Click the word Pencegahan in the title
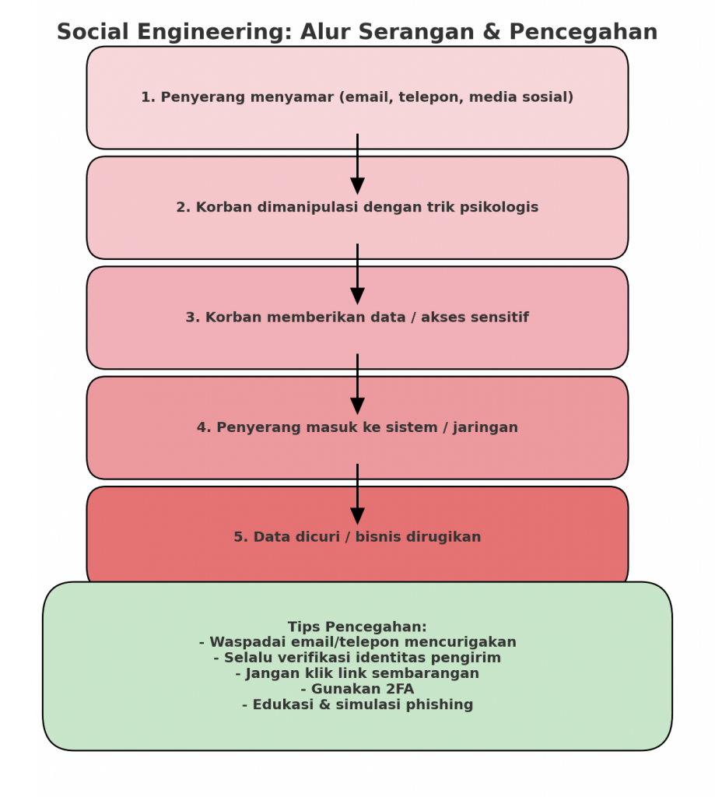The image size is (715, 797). point(584,33)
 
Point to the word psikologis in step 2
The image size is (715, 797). point(499,208)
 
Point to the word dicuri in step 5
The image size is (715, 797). point(314,538)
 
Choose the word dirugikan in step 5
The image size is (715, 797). point(443,538)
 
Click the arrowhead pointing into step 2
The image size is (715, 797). point(357,186)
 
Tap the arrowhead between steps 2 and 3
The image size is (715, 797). point(357,296)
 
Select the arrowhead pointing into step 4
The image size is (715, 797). point(357,406)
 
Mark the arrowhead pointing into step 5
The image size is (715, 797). point(357,516)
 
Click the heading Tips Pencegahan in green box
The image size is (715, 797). point(357,627)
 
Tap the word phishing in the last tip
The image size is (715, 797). point(439,705)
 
